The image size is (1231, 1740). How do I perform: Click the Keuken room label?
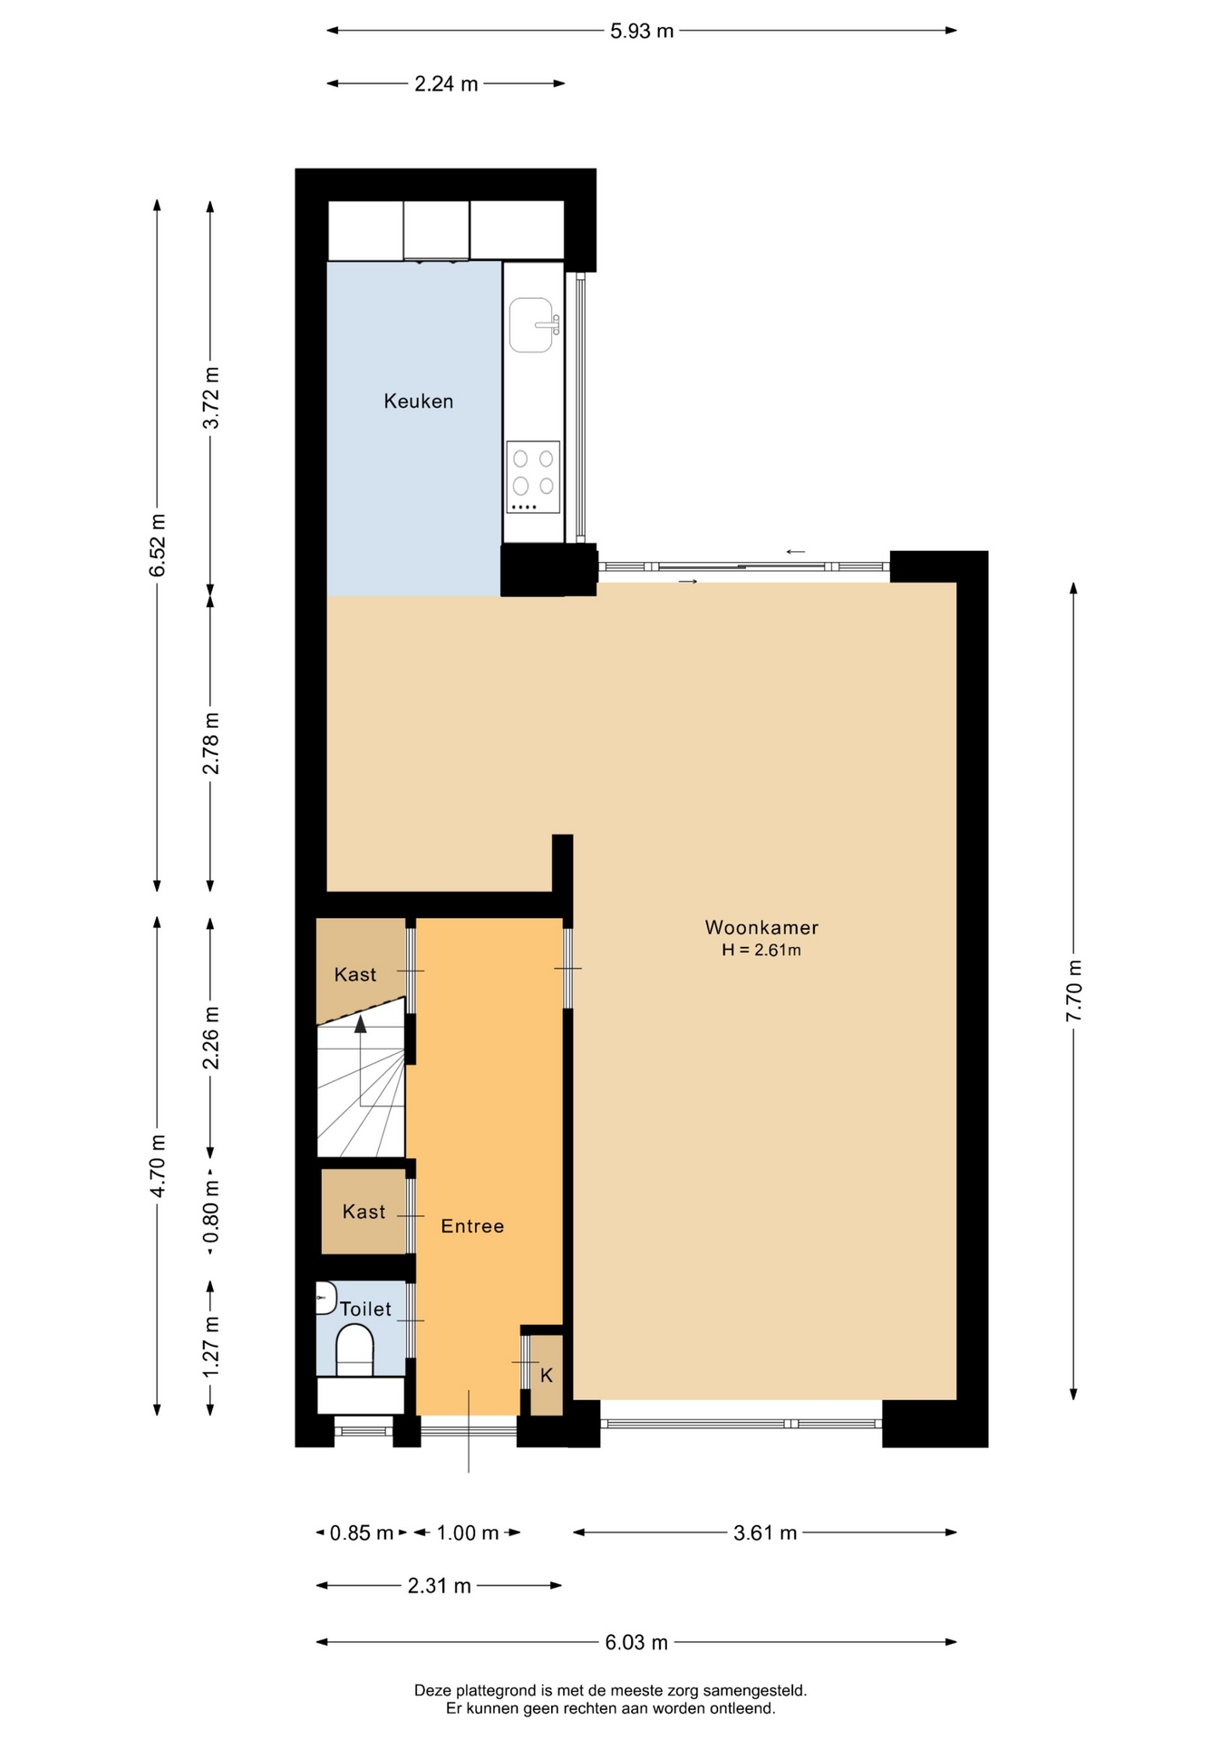(418, 401)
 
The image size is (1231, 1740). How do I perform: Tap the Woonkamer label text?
(761, 927)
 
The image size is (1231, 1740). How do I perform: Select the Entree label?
(472, 1226)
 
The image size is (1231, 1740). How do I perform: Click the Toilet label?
(365, 1309)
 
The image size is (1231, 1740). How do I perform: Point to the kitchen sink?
(533, 324)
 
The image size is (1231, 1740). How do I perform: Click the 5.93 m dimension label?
(642, 31)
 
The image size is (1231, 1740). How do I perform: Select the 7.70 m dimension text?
(1073, 991)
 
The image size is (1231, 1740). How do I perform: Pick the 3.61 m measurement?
(765, 1532)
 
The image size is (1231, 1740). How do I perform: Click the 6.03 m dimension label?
(636, 1642)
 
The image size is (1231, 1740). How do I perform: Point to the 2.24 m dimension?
(446, 84)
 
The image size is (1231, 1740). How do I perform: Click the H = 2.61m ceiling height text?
(761, 951)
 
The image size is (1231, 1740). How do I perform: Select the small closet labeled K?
(547, 1375)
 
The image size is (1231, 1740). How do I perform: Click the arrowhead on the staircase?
(361, 1024)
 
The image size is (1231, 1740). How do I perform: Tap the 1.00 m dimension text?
(468, 1532)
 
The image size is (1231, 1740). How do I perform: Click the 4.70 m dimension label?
(158, 1165)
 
